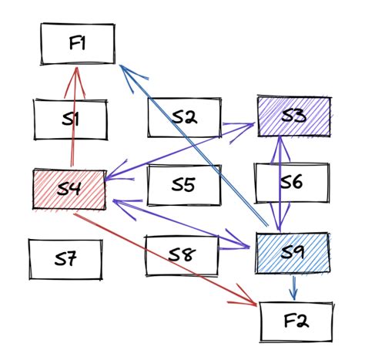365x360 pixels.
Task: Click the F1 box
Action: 78,44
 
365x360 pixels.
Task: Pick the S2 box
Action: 184,117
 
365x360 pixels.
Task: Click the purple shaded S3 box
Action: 293,116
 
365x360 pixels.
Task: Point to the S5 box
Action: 182,185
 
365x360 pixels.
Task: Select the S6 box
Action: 292,183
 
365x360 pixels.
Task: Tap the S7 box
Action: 65,259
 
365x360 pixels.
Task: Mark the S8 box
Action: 182,255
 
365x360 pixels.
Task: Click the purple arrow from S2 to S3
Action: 239,123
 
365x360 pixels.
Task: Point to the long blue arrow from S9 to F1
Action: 193,146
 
